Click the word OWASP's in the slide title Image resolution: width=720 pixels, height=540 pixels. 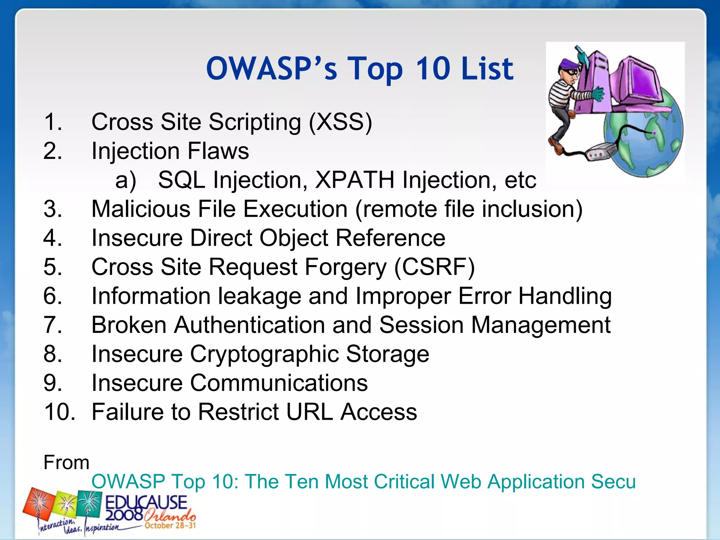tap(271, 69)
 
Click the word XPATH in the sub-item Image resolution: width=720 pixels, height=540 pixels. tap(354, 180)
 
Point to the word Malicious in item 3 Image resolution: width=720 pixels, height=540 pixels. tap(141, 209)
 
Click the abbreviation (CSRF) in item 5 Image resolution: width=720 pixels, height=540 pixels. tap(434, 267)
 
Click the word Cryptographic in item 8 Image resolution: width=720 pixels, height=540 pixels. tap(264, 354)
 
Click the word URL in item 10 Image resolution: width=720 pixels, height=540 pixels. tap(309, 412)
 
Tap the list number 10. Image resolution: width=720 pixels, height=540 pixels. tap(59, 412)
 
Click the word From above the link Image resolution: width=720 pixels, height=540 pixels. tap(66, 462)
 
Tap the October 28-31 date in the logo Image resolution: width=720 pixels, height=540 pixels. tap(170, 526)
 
